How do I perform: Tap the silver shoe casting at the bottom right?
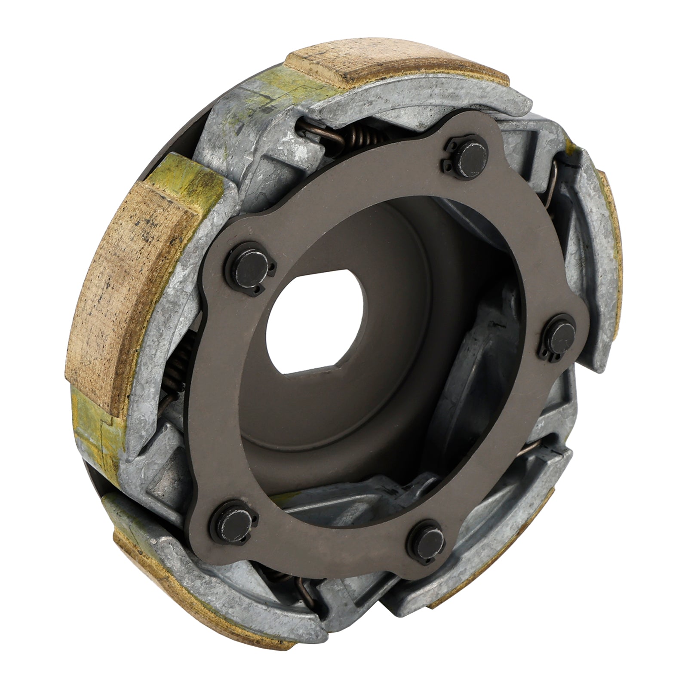(494, 537)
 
